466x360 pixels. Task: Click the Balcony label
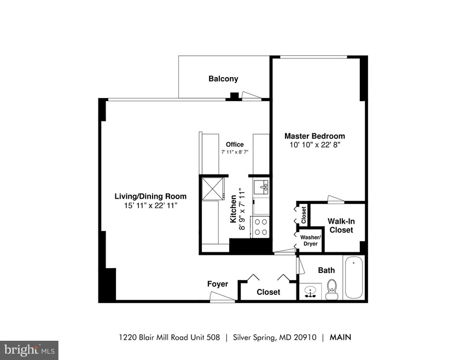(223, 79)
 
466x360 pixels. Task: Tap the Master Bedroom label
(314, 136)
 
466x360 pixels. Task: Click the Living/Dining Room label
(150, 196)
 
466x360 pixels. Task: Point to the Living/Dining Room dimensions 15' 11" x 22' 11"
(150, 205)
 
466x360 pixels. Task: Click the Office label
(235, 144)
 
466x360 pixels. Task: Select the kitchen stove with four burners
(261, 227)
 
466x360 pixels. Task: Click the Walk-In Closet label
(340, 225)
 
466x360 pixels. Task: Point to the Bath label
(326, 270)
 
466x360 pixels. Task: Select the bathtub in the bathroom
(354, 277)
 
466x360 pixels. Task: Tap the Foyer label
(217, 284)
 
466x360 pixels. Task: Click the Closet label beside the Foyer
(268, 292)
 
